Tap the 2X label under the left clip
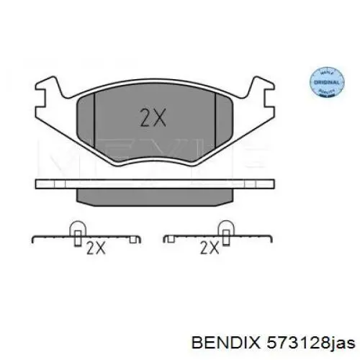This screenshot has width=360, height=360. click(x=96, y=249)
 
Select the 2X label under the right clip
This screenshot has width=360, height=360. click(x=210, y=249)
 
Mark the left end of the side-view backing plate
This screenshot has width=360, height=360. click(x=38, y=183)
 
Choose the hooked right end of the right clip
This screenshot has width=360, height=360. click(x=271, y=238)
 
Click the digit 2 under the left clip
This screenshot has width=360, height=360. click(x=91, y=249)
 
